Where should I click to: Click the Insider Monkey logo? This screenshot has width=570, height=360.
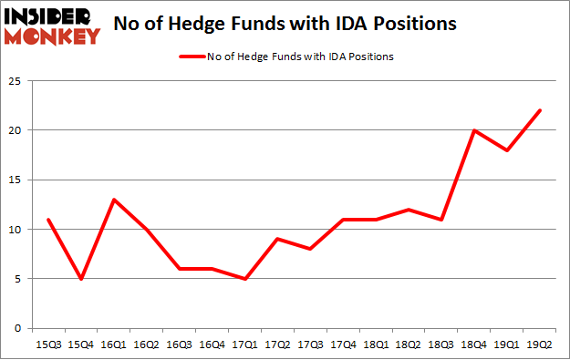[x=52, y=26]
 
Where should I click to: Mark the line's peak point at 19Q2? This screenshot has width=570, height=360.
[x=539, y=110]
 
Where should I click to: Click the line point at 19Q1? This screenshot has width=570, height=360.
[x=508, y=150]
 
